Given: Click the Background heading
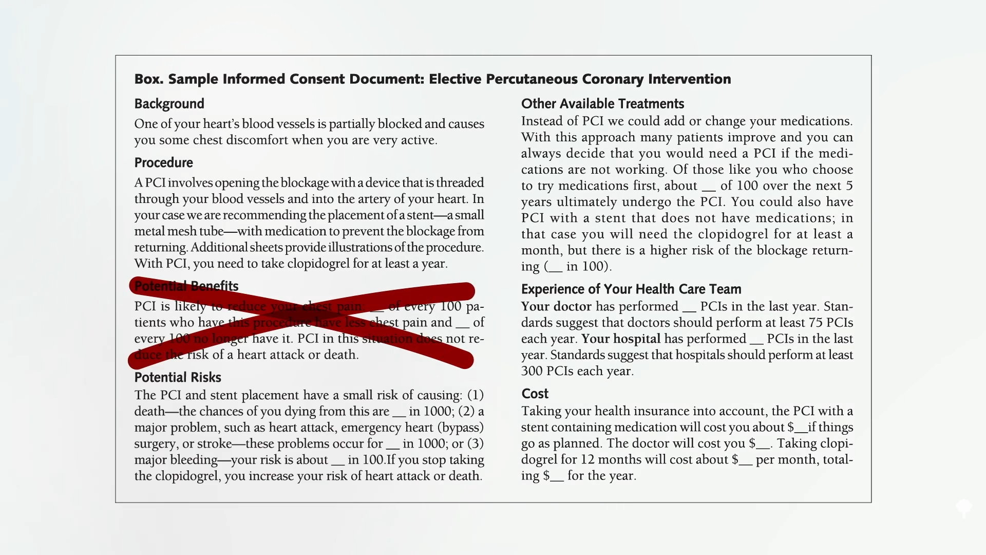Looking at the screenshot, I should [x=169, y=104].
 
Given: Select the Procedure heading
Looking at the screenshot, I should [x=163, y=163].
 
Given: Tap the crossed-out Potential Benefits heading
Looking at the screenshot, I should [x=186, y=286].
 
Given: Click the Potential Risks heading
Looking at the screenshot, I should [x=178, y=378].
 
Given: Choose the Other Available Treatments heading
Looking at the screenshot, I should [x=602, y=104].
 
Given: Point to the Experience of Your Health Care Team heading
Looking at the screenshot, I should [x=631, y=289].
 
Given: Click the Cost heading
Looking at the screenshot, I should [x=535, y=394].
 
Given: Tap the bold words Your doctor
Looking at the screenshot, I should [x=556, y=307].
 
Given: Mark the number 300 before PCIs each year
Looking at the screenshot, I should [x=532, y=371].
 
